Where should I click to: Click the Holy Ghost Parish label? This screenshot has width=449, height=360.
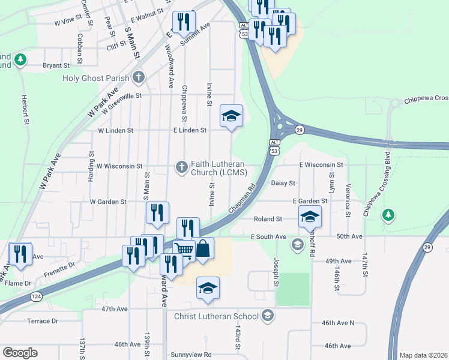[x=96, y=77]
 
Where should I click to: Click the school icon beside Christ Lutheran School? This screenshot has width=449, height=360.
[x=268, y=316]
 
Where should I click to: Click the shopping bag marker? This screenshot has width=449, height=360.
[x=203, y=248]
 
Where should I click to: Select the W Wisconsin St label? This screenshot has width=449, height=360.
[x=119, y=166]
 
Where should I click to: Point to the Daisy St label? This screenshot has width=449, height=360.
[x=283, y=183]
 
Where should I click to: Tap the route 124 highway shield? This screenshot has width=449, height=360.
[x=37, y=296]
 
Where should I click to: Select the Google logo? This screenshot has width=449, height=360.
[x=20, y=353]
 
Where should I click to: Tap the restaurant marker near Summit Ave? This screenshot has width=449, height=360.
[x=184, y=23]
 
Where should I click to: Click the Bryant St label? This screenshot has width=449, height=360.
[x=56, y=65]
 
